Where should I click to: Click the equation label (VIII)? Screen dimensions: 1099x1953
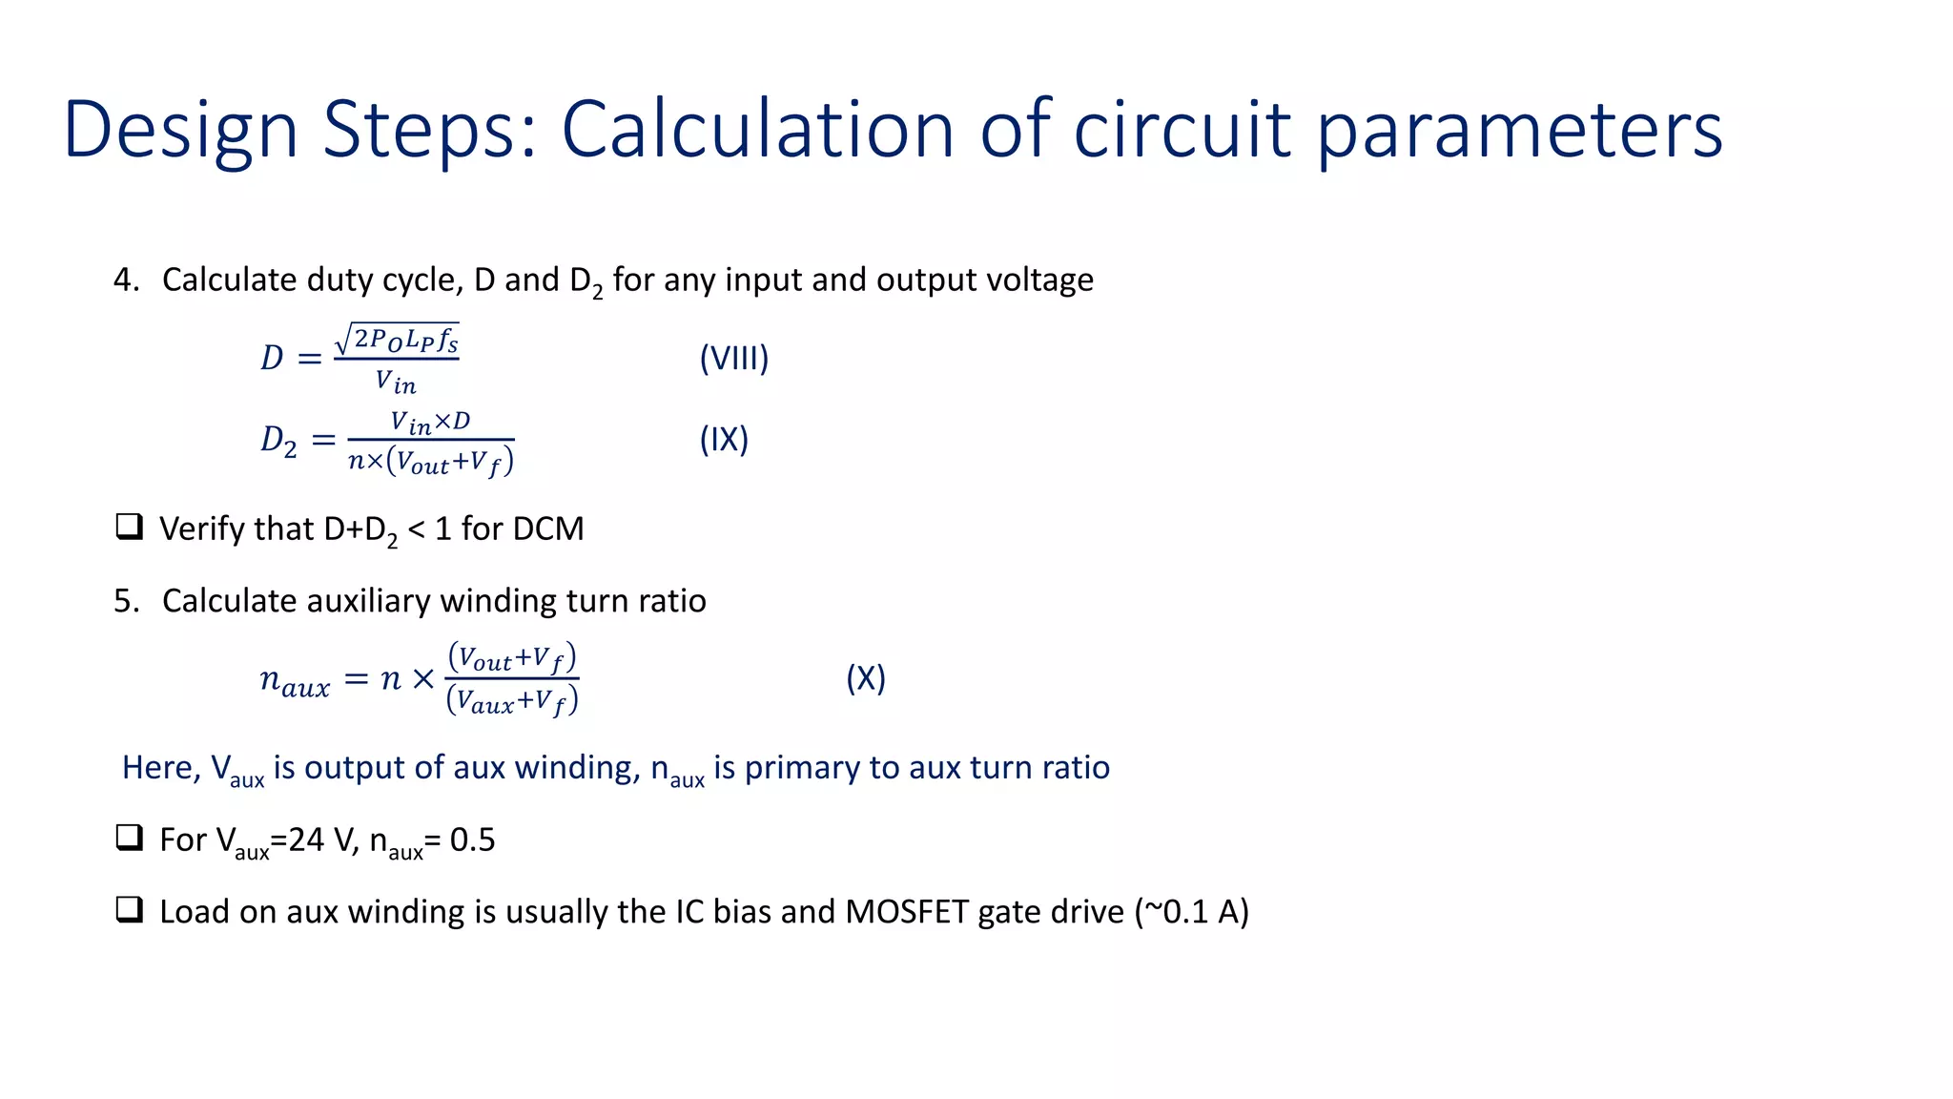tap(733, 359)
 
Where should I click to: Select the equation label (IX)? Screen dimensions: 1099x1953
tap(724, 440)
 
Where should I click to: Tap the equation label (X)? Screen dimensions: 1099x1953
tap(866, 678)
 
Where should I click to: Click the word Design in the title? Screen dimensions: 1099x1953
tap(180, 131)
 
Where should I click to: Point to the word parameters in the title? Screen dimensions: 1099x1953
tap(1520, 131)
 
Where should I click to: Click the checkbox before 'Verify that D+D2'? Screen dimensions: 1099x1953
tap(129, 527)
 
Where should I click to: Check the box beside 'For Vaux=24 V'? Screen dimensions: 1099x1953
tap(129, 838)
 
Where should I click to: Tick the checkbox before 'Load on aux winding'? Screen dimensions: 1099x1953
tap(129, 910)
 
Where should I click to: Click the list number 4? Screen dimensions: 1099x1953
tap(125, 280)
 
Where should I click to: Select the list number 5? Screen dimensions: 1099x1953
tap(125, 601)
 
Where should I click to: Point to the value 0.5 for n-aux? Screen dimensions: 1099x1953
tap(472, 840)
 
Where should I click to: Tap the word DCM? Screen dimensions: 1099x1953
tap(546, 529)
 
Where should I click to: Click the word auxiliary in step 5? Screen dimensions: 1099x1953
tap(368, 601)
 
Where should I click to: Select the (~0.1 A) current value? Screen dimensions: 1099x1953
tap(1191, 912)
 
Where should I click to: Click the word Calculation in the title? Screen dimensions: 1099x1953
tap(757, 131)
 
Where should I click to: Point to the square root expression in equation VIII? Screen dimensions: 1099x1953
tap(397, 340)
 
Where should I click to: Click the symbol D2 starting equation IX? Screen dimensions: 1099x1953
tap(278, 441)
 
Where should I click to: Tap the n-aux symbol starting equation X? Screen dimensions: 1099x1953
tap(295, 681)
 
